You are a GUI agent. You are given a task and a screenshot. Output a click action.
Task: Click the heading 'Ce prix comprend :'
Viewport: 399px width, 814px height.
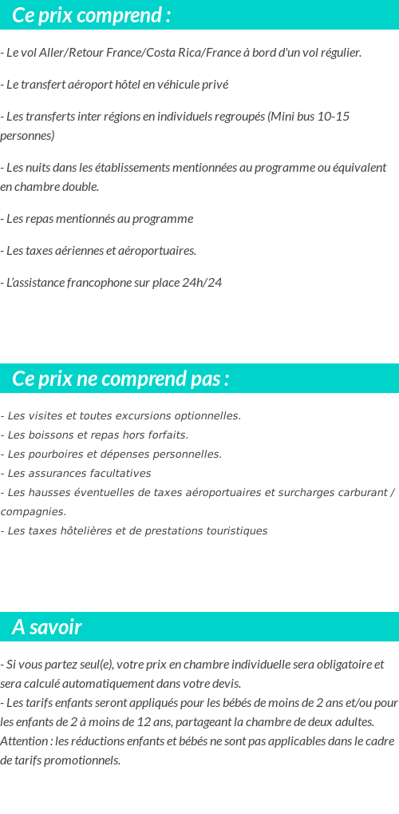(91, 15)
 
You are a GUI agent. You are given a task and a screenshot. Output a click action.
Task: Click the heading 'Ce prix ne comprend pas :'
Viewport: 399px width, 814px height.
(120, 379)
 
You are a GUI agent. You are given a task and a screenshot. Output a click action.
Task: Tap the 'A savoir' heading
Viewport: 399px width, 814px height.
(46, 627)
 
